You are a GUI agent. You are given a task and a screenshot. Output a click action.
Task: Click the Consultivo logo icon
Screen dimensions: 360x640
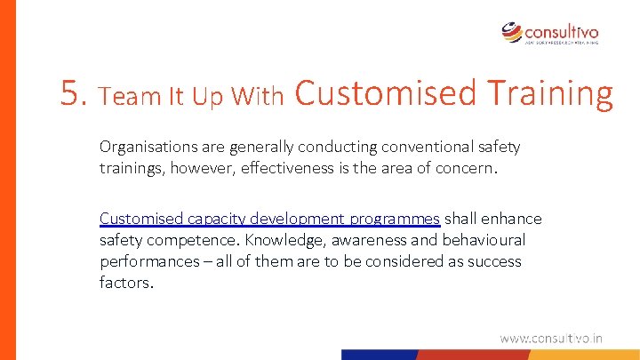click(513, 33)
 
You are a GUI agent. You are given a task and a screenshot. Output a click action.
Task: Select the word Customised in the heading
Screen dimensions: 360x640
click(384, 92)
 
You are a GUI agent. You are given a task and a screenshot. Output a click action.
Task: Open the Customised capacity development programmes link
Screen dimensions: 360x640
click(269, 219)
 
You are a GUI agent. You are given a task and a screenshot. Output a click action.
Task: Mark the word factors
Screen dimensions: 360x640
click(126, 283)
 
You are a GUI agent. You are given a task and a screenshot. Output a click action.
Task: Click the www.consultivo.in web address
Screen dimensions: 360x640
click(551, 338)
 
